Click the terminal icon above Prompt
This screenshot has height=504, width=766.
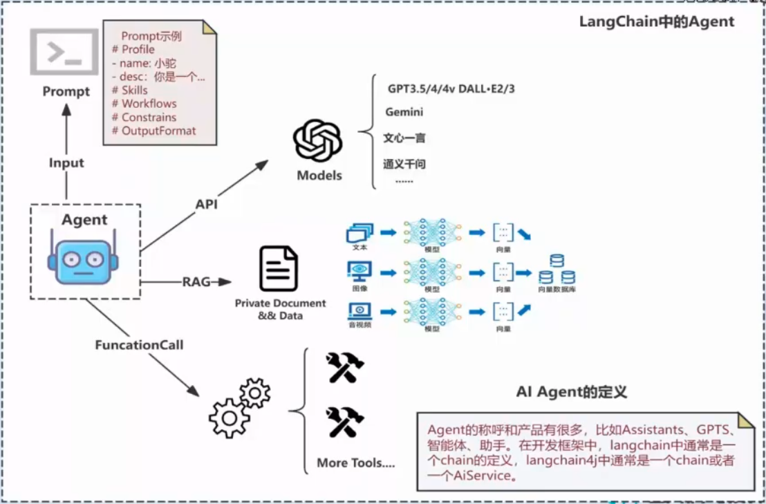(x=64, y=52)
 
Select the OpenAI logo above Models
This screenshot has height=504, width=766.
(x=318, y=141)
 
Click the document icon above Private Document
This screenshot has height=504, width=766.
(x=279, y=268)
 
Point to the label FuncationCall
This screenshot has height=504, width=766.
(x=139, y=344)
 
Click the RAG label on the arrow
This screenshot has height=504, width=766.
(x=196, y=282)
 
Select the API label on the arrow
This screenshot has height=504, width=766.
(x=206, y=205)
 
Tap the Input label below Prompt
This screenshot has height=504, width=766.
(x=66, y=163)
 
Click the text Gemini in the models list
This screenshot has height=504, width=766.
(x=404, y=112)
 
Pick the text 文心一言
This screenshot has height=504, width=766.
(x=404, y=138)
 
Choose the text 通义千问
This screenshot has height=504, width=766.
(x=404, y=165)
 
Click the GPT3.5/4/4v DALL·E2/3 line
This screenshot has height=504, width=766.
(x=451, y=89)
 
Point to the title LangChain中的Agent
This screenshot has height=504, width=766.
(x=656, y=21)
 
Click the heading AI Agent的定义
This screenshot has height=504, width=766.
(x=572, y=392)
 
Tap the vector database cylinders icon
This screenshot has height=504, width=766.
(x=557, y=270)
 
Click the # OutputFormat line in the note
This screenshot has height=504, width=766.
(x=153, y=131)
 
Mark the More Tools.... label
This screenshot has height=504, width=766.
(x=356, y=463)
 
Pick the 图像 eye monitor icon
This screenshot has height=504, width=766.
(x=359, y=270)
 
